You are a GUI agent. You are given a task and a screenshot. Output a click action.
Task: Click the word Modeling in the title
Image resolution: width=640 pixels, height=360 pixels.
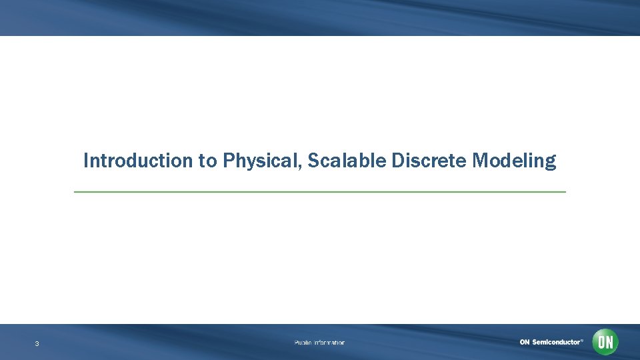(513, 161)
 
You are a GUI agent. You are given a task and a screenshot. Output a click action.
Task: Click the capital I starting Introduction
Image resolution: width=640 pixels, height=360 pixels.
(86, 161)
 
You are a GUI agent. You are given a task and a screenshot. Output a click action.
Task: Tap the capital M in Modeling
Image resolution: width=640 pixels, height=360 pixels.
(479, 161)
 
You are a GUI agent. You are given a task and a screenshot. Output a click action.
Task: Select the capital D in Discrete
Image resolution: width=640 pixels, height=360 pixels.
(398, 161)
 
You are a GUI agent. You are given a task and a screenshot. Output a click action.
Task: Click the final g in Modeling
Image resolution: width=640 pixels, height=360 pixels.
(550, 163)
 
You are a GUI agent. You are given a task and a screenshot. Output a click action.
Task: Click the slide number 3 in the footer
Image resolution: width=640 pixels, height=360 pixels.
(37, 344)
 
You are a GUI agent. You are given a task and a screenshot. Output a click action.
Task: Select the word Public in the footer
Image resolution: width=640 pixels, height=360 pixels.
(303, 343)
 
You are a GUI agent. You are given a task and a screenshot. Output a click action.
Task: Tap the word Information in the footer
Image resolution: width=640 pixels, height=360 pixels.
(329, 343)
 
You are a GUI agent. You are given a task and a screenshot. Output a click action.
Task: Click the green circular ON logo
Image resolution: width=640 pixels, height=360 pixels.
(605, 342)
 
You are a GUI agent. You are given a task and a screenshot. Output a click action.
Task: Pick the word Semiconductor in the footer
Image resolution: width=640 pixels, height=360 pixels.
(556, 342)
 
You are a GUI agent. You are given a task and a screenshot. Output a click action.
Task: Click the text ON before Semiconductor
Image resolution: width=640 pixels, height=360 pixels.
(525, 342)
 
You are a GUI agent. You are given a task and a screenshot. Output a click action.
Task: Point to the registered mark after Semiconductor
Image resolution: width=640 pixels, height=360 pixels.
(582, 340)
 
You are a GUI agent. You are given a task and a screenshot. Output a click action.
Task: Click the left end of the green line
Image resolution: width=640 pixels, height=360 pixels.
(75, 192)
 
